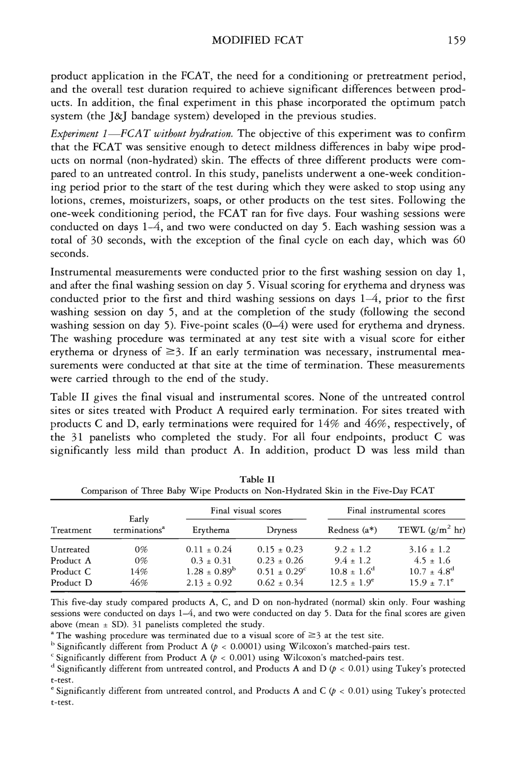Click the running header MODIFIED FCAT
point(257,40)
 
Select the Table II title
point(257,480)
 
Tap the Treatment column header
point(71,530)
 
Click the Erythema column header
point(211,530)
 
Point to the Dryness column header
point(282,530)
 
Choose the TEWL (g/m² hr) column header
point(431,530)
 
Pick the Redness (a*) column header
point(352,530)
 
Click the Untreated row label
point(70,549)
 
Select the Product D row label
point(71,583)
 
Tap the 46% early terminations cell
point(139,583)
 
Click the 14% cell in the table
point(139,572)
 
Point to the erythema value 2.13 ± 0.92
point(209,583)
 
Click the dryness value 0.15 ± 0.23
point(280,549)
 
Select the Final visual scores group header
point(246,511)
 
